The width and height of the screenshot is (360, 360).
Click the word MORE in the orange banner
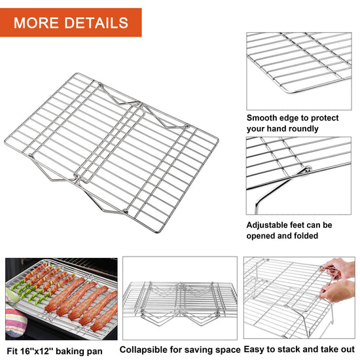click(36, 23)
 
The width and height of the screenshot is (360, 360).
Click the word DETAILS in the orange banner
click(96, 23)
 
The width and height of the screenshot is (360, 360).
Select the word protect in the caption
click(325, 118)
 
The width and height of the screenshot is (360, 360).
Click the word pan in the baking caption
click(95, 351)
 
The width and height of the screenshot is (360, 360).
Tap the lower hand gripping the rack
click(338, 291)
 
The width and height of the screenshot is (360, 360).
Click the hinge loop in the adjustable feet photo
click(308, 170)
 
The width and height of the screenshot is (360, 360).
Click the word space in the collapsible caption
click(228, 350)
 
